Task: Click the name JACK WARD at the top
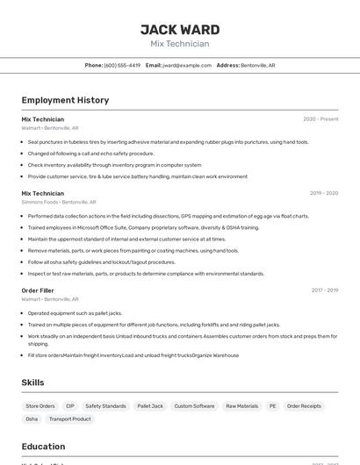179,30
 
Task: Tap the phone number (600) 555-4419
122,65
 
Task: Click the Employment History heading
65,100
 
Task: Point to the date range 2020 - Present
320,118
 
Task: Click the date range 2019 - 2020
323,193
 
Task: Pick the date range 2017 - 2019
324,290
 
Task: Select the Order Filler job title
38,290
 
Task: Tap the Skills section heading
33,383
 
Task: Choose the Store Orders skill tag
40,406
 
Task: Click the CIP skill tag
70,406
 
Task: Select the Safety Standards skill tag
105,406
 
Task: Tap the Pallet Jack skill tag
150,406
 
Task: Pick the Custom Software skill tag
194,406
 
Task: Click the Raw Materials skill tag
241,406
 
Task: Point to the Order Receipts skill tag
304,406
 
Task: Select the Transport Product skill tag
69,419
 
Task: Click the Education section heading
43,447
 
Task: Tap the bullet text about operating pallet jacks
75,313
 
